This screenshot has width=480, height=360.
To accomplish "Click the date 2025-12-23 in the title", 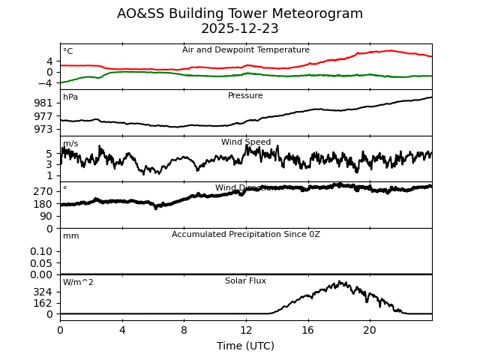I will tap(240, 29).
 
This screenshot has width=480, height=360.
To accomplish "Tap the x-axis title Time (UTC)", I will tap(246, 346).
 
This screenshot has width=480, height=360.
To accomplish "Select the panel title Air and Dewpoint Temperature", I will tap(246, 50).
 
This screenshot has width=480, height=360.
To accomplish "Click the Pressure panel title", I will tap(245, 96).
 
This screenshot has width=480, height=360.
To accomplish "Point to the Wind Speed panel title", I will tap(246, 142).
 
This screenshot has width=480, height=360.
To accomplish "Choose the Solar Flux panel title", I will tap(245, 281).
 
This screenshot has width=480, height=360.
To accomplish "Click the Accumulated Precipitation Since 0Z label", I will tap(246, 235).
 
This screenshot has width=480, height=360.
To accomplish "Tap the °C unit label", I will tap(68, 52).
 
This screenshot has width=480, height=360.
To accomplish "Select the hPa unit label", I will tap(70, 97).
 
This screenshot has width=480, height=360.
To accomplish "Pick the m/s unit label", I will tap(70, 144).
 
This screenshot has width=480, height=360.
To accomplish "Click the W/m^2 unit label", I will tap(78, 283).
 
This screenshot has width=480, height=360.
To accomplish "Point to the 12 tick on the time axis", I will tap(246, 330).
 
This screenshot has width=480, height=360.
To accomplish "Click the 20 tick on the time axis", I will tap(370, 330).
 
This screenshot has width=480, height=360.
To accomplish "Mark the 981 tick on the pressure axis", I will tap(43, 103).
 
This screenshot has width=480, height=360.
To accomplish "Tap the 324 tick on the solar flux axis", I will tap(43, 292).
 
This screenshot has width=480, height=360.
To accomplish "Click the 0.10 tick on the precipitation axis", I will tap(41, 251).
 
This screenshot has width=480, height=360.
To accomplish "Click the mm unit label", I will tap(70, 236).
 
